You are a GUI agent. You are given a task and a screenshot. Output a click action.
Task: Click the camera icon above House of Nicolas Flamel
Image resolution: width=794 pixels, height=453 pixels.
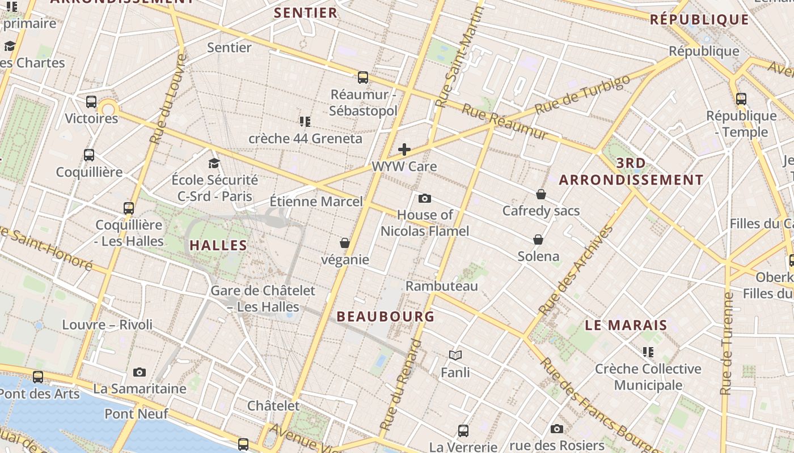[x=424, y=198]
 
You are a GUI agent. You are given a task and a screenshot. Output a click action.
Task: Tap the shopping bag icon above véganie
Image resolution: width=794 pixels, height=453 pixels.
[x=344, y=243]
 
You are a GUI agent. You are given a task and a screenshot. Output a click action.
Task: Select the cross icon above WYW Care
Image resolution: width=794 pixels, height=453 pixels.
[x=404, y=149]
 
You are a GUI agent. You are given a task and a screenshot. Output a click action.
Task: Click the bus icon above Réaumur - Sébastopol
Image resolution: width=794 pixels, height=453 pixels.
[x=363, y=78]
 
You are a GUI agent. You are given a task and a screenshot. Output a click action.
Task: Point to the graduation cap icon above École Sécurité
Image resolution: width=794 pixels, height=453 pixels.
[x=214, y=164]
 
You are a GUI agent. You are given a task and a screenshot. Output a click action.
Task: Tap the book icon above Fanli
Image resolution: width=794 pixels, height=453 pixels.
[x=455, y=355]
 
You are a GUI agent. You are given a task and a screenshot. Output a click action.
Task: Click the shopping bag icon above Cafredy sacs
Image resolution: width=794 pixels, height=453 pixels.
[x=541, y=194]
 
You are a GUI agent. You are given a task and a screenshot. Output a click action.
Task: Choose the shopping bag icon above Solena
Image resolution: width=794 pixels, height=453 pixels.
[x=538, y=240]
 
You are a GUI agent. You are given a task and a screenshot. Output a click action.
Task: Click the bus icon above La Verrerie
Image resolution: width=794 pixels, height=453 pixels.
[x=463, y=431]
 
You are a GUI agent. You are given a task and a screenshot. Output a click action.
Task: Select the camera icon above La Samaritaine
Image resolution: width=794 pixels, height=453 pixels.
[x=140, y=372]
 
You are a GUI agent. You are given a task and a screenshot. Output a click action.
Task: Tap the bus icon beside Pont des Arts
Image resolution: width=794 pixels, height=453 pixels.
[x=38, y=377]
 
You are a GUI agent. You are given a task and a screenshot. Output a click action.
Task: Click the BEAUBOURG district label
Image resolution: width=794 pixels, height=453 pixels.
[x=386, y=317]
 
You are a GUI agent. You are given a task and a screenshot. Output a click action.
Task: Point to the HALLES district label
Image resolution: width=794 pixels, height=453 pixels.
[x=218, y=245]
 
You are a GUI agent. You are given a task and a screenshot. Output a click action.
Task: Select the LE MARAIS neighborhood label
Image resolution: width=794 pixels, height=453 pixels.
[x=626, y=326]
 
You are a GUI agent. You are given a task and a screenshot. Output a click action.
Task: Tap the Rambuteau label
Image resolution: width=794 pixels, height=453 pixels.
[x=442, y=286]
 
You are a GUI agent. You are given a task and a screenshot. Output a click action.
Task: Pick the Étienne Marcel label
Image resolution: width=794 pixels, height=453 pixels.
[x=316, y=201]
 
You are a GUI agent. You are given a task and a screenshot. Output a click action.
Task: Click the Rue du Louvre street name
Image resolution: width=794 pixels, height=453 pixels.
[x=166, y=99]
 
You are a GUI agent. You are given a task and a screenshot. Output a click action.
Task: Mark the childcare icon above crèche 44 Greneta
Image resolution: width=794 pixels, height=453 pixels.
[x=305, y=122]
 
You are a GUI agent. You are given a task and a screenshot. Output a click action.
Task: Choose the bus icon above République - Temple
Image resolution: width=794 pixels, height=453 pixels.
[x=741, y=99]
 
